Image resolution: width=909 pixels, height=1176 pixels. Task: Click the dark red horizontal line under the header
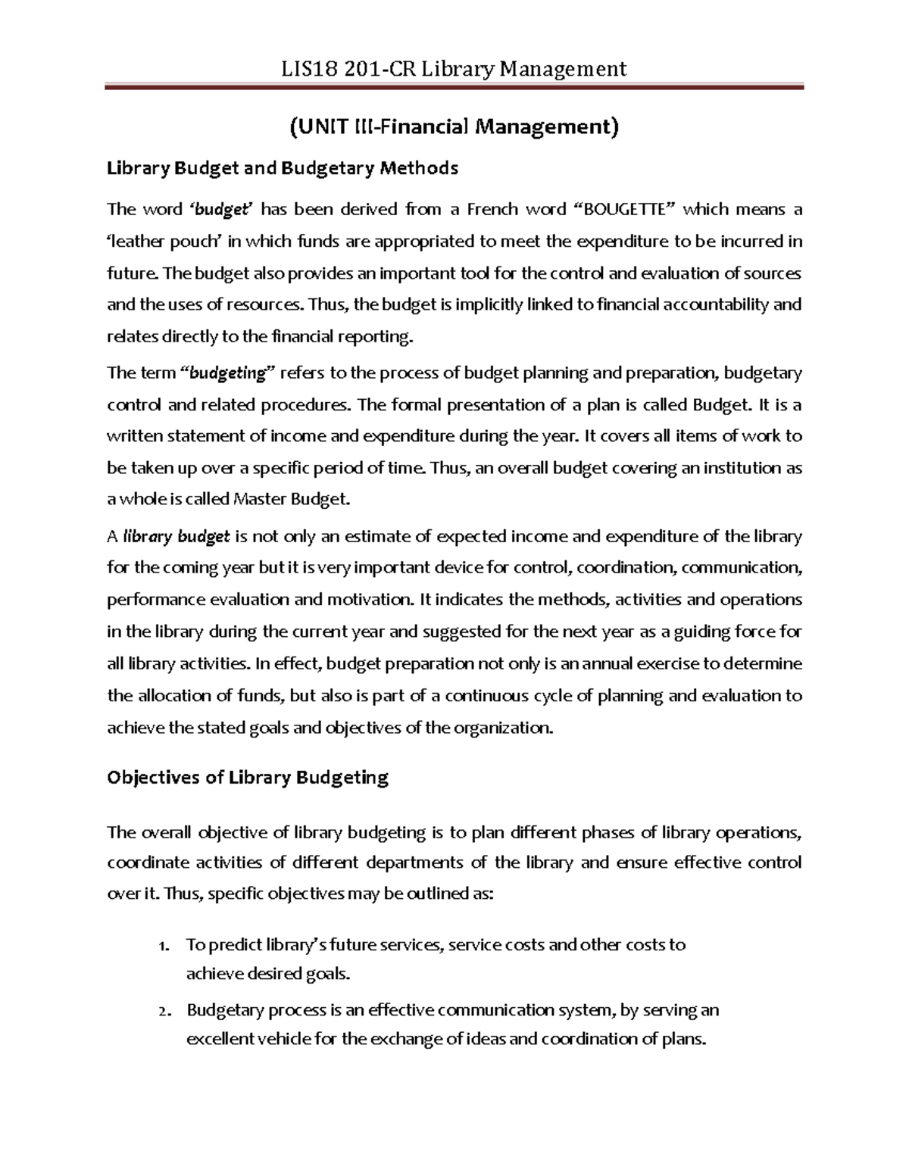[454, 89]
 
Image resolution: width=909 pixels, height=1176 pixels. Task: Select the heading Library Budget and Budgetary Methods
[283, 168]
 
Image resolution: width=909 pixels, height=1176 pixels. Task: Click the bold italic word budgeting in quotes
[226, 373]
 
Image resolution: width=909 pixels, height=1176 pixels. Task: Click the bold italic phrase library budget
[176, 537]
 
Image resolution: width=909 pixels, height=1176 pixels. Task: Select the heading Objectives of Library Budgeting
[248, 778]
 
